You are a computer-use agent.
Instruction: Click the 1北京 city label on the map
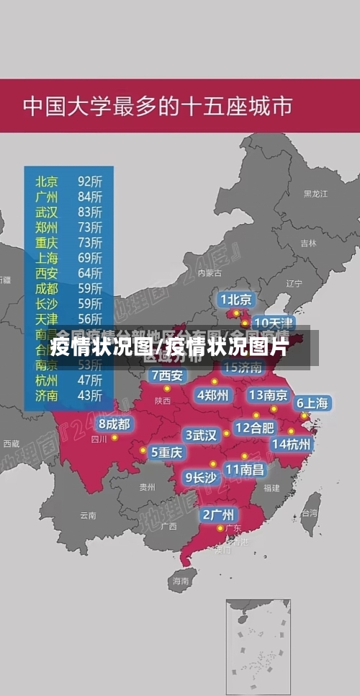(236, 299)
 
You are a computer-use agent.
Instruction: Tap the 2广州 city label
(217, 514)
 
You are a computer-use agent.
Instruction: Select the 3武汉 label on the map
(201, 435)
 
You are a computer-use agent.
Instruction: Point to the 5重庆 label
(166, 452)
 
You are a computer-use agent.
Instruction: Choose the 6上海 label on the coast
(312, 403)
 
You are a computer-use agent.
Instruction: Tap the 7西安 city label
(168, 375)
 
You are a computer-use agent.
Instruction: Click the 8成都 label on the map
(114, 424)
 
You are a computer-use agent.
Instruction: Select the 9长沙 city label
(201, 477)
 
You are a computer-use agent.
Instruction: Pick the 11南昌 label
(245, 469)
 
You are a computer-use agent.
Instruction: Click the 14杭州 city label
(292, 444)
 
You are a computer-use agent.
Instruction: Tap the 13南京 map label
(268, 395)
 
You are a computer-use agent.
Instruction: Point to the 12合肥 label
(255, 427)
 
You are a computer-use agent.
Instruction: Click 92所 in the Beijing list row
(90, 181)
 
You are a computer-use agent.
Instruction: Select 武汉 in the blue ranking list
(47, 212)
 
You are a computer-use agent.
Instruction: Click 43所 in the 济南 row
(90, 396)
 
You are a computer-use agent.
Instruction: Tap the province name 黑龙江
(315, 194)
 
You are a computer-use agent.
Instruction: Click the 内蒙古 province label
(210, 273)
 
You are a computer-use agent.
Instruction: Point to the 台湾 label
(309, 514)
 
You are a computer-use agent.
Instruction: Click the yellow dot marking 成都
(114, 437)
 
